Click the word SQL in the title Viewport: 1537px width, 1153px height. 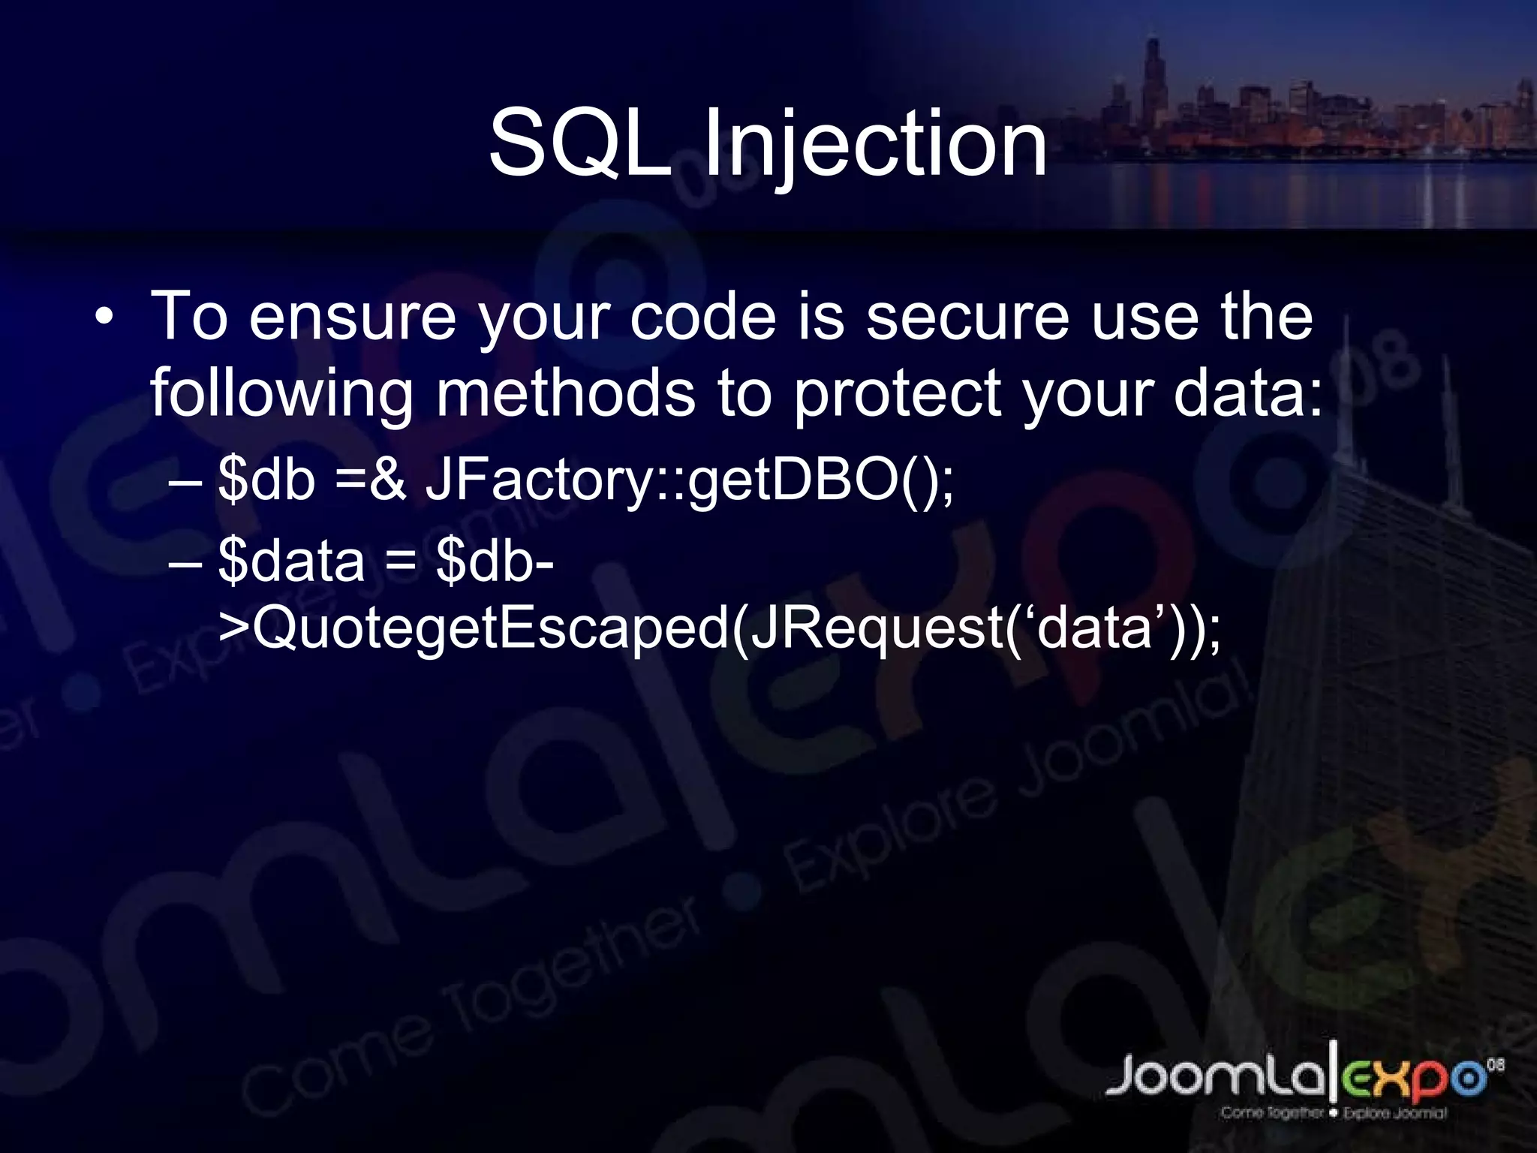pyautogui.click(x=579, y=143)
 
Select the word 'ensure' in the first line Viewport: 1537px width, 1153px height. pyautogui.click(x=352, y=317)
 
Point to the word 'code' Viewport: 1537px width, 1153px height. pyautogui.click(x=702, y=317)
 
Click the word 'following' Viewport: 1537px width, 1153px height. pyautogui.click(x=281, y=394)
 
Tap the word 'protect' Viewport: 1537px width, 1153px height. pyautogui.click(x=898, y=394)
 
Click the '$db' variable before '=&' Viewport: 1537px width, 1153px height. pyautogui.click(x=266, y=479)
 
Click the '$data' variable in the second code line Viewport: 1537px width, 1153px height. pyautogui.click(x=291, y=561)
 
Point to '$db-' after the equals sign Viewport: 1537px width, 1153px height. pyautogui.click(x=495, y=561)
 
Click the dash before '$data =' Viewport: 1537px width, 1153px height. pyautogui.click(x=185, y=561)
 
